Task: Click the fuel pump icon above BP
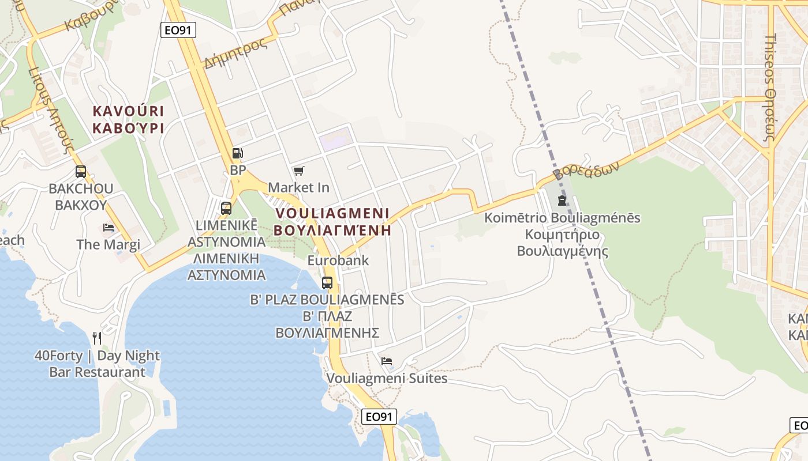(237, 153)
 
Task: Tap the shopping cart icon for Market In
(298, 171)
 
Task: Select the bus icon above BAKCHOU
(81, 171)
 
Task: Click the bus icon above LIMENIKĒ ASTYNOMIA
(226, 209)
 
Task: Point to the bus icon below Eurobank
(327, 283)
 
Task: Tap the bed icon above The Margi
(109, 227)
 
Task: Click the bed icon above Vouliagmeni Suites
(387, 361)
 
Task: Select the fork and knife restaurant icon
(97, 338)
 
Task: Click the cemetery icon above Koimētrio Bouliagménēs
(562, 201)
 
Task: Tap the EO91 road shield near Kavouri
(178, 30)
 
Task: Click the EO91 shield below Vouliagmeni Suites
(379, 417)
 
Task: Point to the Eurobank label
(338, 260)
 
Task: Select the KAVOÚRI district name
(128, 111)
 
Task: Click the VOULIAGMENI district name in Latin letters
(332, 213)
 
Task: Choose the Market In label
(298, 187)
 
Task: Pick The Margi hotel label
(109, 244)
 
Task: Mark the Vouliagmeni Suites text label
(387, 379)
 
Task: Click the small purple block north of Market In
(336, 139)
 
